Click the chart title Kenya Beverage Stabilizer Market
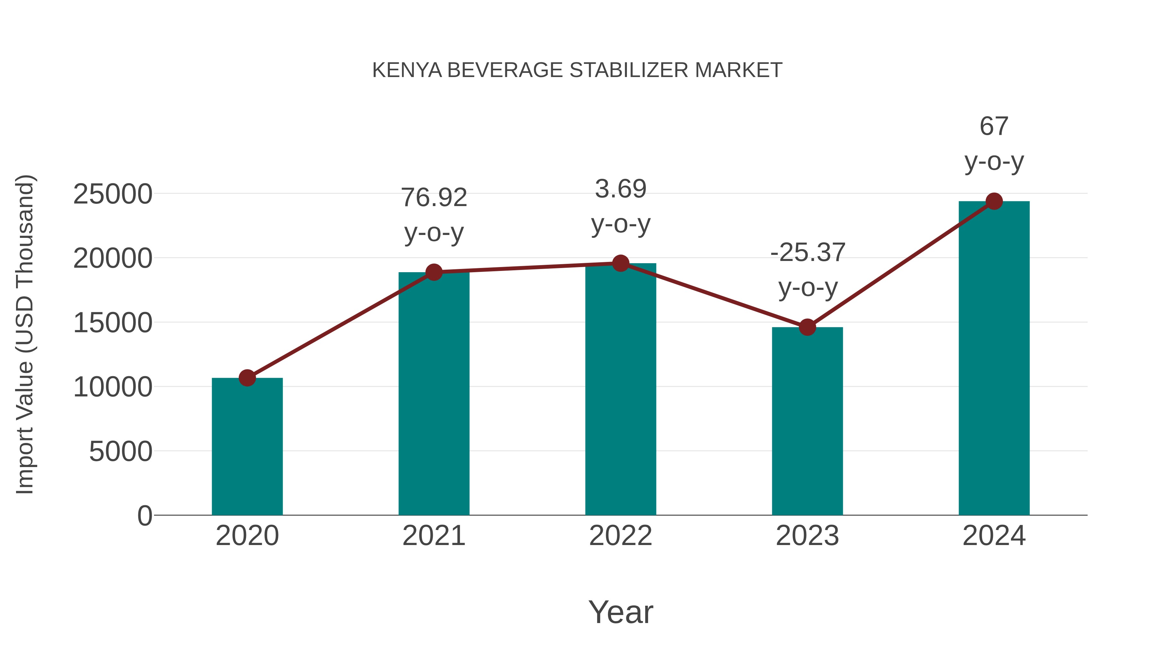(577, 70)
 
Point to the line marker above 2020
(247, 378)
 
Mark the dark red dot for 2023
(807, 327)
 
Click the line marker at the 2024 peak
(994, 201)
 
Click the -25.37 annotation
(808, 253)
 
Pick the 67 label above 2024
(994, 126)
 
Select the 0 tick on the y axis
(144, 516)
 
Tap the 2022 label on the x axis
(620, 536)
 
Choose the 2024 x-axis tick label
(994, 536)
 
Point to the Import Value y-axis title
(25, 334)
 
